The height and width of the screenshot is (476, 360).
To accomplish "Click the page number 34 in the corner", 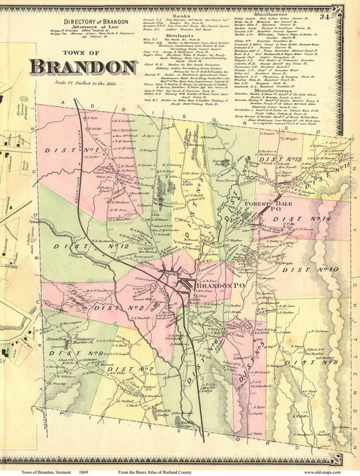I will [347, 7].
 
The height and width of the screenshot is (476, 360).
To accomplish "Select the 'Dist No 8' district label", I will [320, 340].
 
